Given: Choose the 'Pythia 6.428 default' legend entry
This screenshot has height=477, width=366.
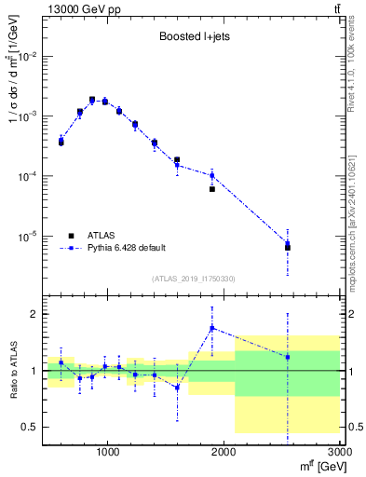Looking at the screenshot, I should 125,248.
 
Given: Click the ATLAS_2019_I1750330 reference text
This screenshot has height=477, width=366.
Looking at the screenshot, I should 195,278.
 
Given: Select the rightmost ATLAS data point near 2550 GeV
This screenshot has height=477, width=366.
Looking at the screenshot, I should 288,247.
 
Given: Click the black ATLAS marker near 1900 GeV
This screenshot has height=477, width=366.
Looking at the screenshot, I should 212,189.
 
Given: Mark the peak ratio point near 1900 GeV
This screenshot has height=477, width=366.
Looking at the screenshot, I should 212,328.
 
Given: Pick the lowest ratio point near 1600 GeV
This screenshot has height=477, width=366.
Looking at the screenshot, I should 177,388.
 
